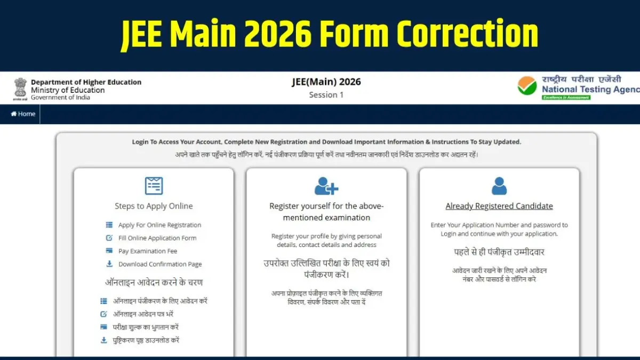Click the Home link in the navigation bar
click(x=23, y=114)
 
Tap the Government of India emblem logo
click(x=20, y=89)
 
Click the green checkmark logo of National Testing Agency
click(x=527, y=86)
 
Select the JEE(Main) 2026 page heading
click(x=326, y=82)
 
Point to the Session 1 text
click(x=326, y=95)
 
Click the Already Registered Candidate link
click(x=499, y=206)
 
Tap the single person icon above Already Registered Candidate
click(x=499, y=186)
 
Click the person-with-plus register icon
click(x=326, y=186)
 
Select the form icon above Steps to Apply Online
click(x=154, y=186)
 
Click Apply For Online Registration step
click(x=159, y=225)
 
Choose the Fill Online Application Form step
click(x=157, y=238)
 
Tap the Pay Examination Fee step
click(x=148, y=251)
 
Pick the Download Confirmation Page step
click(x=160, y=265)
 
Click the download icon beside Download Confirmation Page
click(x=109, y=264)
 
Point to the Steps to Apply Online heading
click(x=154, y=206)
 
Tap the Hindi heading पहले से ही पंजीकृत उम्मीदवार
click(x=499, y=252)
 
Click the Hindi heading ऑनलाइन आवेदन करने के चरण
click(x=154, y=283)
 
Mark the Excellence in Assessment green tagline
click(x=566, y=98)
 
